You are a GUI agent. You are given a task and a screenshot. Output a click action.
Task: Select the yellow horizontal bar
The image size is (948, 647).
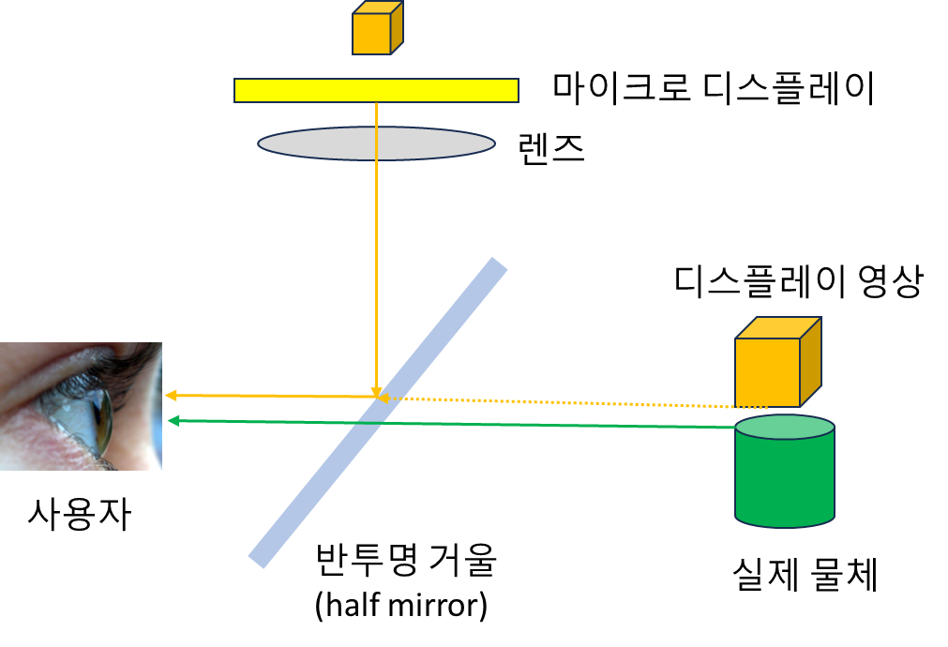(x=376, y=90)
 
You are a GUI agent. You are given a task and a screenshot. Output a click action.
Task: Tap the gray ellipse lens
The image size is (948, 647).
(x=376, y=143)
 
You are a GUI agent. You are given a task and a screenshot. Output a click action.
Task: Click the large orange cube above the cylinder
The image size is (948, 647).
(x=767, y=371)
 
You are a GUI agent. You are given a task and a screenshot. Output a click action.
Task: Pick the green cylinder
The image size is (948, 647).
(x=785, y=478)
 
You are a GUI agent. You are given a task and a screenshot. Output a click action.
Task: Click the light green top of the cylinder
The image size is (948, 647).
(x=785, y=428)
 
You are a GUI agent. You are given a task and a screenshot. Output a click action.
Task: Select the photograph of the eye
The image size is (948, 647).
(x=81, y=406)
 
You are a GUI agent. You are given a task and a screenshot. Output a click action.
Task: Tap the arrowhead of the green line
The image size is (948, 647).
(x=173, y=421)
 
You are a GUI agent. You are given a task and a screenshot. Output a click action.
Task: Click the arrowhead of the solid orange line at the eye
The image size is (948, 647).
(x=172, y=396)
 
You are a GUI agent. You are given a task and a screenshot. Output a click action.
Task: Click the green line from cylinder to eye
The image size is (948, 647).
(x=469, y=424)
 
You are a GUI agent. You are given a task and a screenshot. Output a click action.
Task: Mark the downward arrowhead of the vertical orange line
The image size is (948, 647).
(x=376, y=392)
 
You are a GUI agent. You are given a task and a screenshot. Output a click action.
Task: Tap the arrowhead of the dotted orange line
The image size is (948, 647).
(x=384, y=399)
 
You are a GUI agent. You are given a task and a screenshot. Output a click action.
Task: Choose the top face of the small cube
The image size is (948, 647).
(x=378, y=8)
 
